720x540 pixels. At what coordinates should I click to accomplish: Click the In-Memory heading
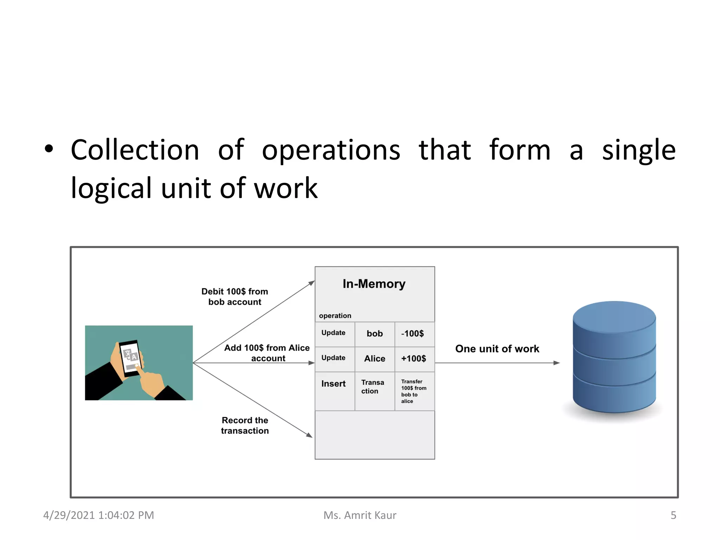374,284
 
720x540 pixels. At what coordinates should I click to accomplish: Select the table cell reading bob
374,334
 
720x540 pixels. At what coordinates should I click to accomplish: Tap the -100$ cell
413,334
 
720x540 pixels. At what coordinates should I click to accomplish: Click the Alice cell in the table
374,359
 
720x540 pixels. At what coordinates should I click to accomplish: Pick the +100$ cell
413,359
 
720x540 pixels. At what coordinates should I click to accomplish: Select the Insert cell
333,384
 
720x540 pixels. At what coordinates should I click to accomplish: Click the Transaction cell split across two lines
372,387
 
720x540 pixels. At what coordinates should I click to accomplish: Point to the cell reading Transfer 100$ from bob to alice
413,391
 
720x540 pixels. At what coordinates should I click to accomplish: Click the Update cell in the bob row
333,333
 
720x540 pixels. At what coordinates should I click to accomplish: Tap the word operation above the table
335,316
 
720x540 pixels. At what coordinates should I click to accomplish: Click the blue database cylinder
614,357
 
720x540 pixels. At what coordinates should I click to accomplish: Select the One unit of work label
497,349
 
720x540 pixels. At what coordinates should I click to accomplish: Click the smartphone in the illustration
130,358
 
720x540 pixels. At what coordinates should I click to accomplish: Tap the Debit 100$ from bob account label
234,297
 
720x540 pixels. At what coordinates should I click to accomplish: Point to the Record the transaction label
245,425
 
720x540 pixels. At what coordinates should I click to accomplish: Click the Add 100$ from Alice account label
267,353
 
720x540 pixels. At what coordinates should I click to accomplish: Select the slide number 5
673,515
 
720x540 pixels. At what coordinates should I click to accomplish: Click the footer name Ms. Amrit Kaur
360,515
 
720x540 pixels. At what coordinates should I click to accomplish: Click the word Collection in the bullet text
135,150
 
